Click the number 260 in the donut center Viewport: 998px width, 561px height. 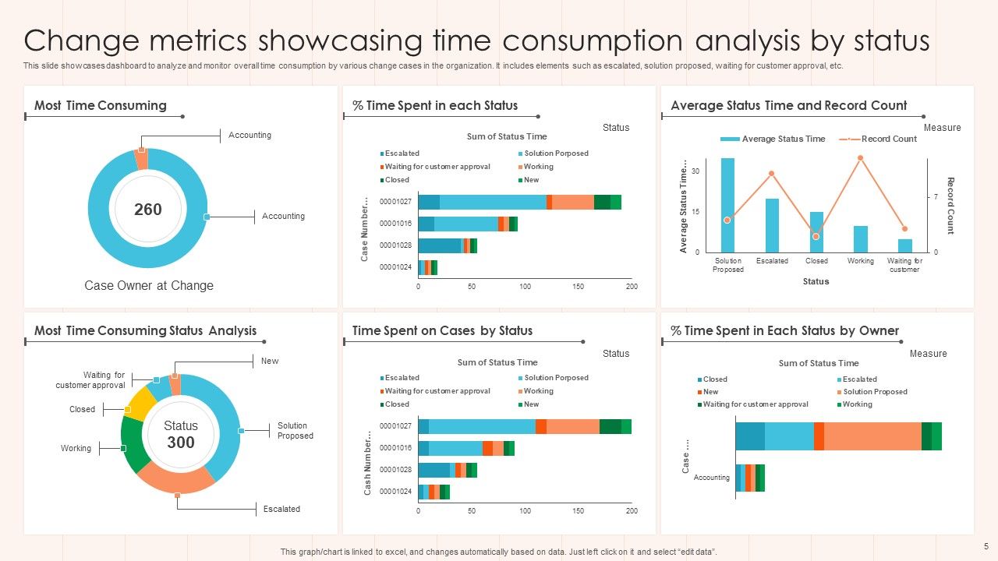(148, 209)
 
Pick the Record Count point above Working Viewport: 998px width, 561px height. (860, 158)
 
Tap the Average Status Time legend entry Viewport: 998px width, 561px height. (783, 139)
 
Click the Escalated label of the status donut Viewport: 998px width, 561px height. (281, 509)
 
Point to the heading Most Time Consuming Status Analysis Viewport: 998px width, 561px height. (145, 330)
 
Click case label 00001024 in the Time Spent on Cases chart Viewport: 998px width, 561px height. (395, 492)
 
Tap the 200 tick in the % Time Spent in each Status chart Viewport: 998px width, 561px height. (632, 287)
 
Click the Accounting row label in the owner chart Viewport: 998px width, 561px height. (711, 478)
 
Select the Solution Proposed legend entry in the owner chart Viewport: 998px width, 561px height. (875, 392)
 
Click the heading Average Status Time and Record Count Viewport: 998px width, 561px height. (788, 105)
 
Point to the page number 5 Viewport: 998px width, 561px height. (986, 546)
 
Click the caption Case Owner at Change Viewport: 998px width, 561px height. (149, 285)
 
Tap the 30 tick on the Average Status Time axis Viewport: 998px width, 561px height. (695, 171)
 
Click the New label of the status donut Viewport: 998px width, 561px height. (270, 361)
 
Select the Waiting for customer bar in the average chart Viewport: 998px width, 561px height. (904, 245)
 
